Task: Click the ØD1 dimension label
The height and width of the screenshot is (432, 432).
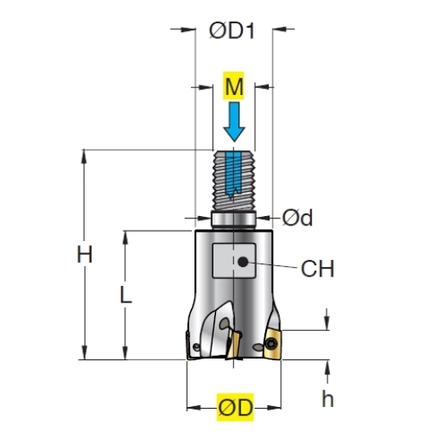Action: point(232,31)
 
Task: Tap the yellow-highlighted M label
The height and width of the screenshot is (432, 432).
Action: point(234,86)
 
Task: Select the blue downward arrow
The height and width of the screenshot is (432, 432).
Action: point(234,122)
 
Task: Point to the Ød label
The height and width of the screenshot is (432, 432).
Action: point(297,218)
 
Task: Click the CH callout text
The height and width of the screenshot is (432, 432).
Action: point(317,269)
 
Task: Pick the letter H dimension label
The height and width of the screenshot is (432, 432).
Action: point(85,255)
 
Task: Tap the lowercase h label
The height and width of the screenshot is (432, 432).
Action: point(327,398)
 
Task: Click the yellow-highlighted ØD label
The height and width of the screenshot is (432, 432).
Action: point(235,407)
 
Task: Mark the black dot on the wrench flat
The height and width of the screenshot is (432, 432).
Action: point(243,262)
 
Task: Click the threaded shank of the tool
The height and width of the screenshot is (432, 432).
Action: point(234,181)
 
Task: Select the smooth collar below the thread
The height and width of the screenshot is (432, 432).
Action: point(233,220)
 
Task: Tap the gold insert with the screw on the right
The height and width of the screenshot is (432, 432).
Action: point(273,345)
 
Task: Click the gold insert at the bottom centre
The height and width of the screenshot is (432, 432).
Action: point(233,345)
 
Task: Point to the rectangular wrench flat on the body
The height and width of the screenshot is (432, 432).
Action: point(234,261)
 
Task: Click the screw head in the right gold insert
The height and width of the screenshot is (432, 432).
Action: point(271,343)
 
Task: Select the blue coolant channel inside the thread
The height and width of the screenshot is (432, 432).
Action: point(233,175)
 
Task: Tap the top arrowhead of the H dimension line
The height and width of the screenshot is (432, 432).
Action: point(84,156)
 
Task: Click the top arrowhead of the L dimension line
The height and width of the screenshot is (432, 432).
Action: point(125,238)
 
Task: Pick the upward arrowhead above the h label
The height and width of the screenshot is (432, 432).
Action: point(327,368)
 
